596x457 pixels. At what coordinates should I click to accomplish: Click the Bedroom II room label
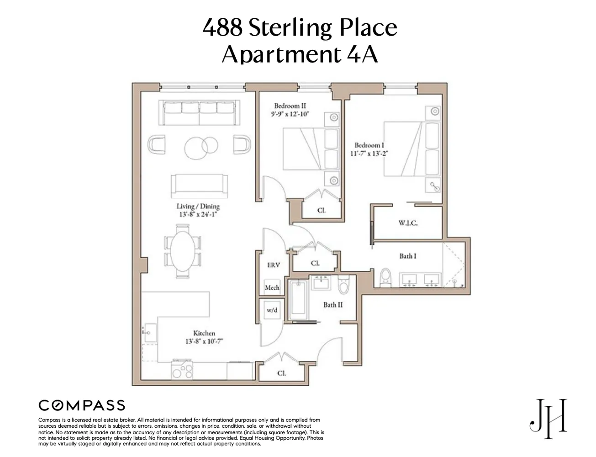pos(290,106)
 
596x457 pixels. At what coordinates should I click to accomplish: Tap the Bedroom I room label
pos(369,145)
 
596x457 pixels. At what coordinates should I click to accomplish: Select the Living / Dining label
pos(198,207)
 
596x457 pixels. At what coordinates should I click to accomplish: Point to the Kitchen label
pos(204,333)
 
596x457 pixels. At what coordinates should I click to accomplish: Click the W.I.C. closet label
pos(408,223)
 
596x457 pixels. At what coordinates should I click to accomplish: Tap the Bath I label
pos(408,256)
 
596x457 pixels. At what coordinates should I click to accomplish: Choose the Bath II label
pos(333,305)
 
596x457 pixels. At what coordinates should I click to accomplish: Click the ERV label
pos(273,265)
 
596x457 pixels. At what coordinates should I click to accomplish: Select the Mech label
pos(272,287)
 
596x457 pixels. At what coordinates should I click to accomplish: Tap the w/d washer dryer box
pos(272,310)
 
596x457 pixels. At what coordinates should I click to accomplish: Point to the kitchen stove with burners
pos(182,369)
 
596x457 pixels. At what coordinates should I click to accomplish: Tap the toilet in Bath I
pos(386,278)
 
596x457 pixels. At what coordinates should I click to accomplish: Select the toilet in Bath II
pos(343,286)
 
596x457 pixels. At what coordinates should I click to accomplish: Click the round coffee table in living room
pos(199,147)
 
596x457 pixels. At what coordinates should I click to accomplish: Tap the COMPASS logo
pos(82,405)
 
